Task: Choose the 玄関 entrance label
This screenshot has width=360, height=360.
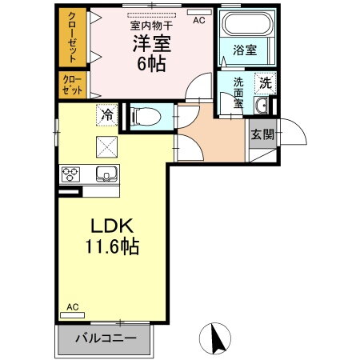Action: pos(261,134)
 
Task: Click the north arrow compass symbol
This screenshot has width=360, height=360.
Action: pos(215,338)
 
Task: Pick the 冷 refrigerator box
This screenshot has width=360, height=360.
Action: pos(106,115)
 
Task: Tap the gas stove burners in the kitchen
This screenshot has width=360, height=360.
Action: pos(70,174)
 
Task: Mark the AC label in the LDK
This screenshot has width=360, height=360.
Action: pos(73,307)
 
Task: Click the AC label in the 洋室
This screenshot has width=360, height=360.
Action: pos(198,21)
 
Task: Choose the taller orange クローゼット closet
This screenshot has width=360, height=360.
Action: pos(72,38)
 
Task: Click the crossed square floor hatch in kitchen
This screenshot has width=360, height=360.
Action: pos(107,147)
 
